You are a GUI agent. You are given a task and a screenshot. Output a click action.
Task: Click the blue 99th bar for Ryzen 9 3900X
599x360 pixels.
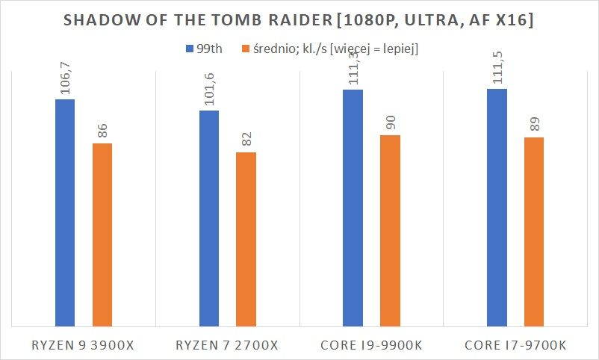[x=65, y=213]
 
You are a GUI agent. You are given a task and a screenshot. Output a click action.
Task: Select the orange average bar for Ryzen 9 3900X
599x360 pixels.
[x=102, y=235]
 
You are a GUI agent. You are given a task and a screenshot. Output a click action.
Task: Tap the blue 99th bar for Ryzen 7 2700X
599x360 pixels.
[x=209, y=218]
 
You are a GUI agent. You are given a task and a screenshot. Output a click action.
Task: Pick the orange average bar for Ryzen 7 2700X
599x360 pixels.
[x=246, y=239]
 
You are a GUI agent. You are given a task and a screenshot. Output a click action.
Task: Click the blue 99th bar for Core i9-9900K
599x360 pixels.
[x=353, y=208]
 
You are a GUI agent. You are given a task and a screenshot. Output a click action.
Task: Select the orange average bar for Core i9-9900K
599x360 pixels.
[x=390, y=231]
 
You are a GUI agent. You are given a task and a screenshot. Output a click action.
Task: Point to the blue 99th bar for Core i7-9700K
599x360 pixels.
[x=497, y=208]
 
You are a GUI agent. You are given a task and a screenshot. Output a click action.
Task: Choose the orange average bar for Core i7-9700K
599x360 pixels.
[x=533, y=232]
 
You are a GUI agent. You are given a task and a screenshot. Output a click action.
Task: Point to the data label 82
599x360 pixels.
[x=246, y=139]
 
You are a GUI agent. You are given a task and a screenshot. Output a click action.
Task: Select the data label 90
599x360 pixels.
[x=390, y=122]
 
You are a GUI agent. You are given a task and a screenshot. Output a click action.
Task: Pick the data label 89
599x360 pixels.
[x=533, y=124]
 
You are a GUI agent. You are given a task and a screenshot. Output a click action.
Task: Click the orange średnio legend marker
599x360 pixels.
[x=246, y=50]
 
